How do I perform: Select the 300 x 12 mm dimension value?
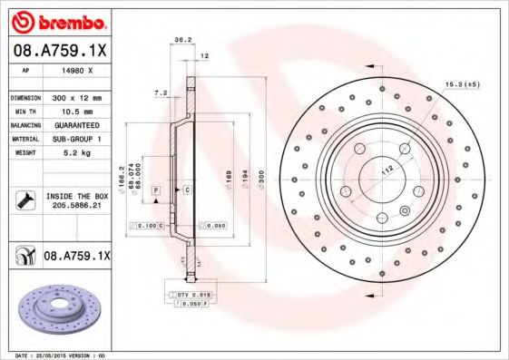[78, 96]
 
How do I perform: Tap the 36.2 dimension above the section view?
[181, 39]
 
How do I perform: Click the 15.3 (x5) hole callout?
[462, 84]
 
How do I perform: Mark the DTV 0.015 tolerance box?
[192, 296]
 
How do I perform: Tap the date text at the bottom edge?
[57, 355]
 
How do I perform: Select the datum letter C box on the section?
[187, 189]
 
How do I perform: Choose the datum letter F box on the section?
[156, 189]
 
